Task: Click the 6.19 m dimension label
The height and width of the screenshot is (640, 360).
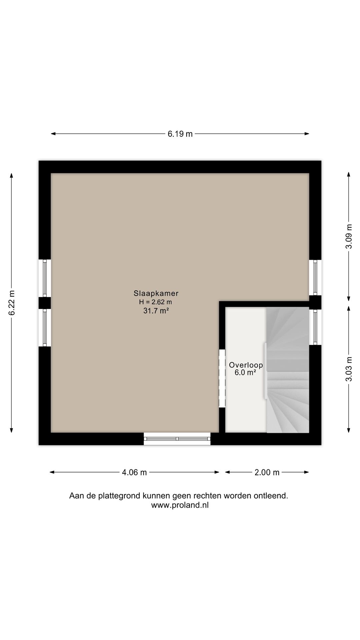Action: [180, 134]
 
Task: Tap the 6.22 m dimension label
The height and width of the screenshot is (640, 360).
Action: [12, 303]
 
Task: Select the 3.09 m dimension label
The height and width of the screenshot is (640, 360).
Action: [349, 236]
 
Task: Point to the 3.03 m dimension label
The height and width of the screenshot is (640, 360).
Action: [349, 369]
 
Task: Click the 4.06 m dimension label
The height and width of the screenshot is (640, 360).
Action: [134, 472]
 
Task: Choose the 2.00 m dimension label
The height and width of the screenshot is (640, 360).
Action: [267, 472]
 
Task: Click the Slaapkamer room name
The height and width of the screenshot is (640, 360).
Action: [156, 294]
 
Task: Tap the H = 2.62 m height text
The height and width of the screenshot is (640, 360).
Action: [156, 302]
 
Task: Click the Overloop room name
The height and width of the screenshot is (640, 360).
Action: [246, 365]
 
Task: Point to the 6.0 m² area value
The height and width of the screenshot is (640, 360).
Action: [245, 373]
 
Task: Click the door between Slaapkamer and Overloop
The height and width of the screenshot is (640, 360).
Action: [222, 378]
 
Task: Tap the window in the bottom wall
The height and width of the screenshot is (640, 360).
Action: [177, 439]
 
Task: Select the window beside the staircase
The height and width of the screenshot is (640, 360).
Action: [315, 327]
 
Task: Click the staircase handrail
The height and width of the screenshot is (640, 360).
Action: [265, 370]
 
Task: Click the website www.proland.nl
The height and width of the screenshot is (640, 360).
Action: [180, 505]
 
